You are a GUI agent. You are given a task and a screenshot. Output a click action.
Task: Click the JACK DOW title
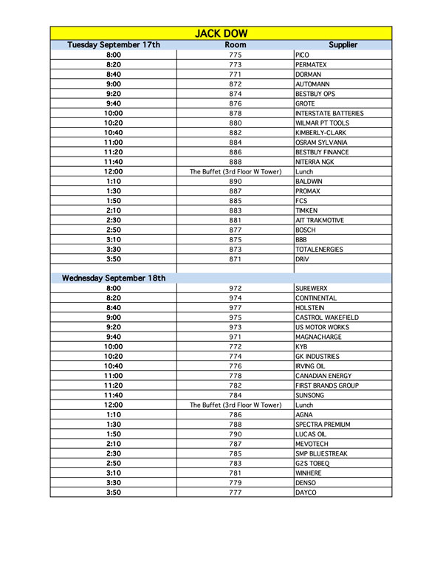pos(221,33)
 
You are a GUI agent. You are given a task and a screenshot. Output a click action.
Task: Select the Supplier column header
pos(343,45)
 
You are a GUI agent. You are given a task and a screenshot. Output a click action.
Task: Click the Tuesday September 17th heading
pos(114,45)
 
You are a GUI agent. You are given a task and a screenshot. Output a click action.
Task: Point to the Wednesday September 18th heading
pos(114,278)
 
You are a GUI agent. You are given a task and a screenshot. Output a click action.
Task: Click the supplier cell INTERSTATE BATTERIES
pos(329,113)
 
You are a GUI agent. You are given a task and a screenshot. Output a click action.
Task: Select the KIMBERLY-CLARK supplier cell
pos(320,132)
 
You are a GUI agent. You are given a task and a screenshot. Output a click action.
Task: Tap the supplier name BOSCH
pos(306,230)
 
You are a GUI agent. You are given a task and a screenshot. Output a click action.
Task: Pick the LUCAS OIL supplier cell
pos(310,434)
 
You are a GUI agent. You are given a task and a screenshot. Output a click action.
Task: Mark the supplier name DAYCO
pos(306,493)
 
